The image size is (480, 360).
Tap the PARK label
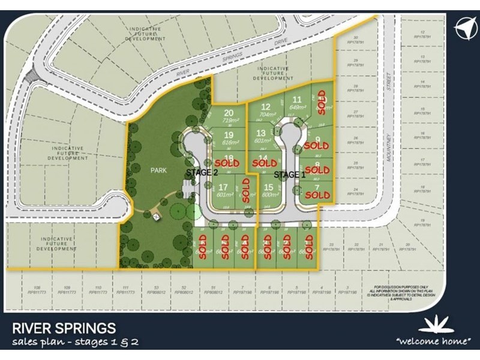click(x=158, y=170)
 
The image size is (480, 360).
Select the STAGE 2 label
click(x=202, y=172)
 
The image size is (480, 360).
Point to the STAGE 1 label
click(x=290, y=175)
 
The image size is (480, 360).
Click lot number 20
click(x=228, y=113)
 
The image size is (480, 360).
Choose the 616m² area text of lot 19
click(x=229, y=143)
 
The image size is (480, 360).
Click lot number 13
click(x=260, y=133)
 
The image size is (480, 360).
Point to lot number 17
click(x=223, y=187)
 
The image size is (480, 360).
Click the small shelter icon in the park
click(x=157, y=215)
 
